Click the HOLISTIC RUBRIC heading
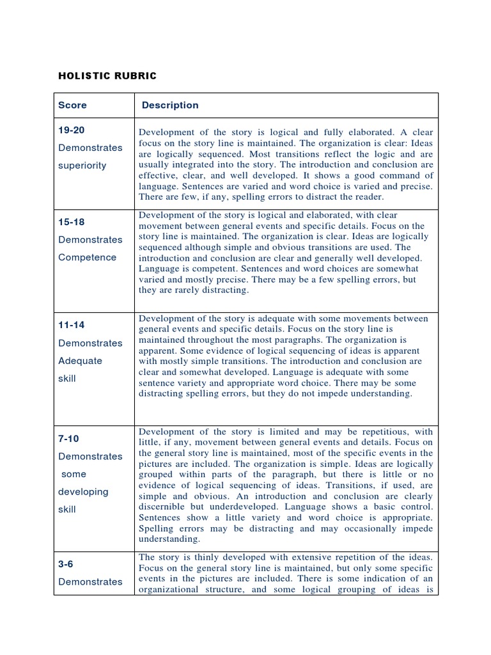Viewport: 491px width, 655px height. pyautogui.click(x=107, y=76)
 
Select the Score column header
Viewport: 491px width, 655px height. pyautogui.click(x=72, y=105)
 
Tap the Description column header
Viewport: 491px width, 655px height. pyautogui.click(x=170, y=105)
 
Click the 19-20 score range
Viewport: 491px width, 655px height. pyautogui.click(x=72, y=130)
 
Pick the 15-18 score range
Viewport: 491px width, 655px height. pyautogui.click(x=72, y=222)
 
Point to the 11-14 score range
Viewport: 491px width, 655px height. pyautogui.click(x=72, y=325)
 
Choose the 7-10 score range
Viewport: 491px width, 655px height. pyautogui.click(x=69, y=439)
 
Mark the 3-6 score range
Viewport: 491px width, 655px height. pyautogui.click(x=66, y=564)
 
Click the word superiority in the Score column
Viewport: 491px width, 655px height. pyautogui.click(x=82, y=165)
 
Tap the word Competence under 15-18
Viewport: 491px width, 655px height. pyautogui.click(x=88, y=257)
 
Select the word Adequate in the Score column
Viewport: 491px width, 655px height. pyautogui.click(x=80, y=360)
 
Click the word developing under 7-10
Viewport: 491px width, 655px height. pyautogui.click(x=83, y=492)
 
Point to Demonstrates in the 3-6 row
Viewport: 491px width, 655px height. pyautogui.click(x=90, y=581)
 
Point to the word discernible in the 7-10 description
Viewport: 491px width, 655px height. pyautogui.click(x=164, y=507)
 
